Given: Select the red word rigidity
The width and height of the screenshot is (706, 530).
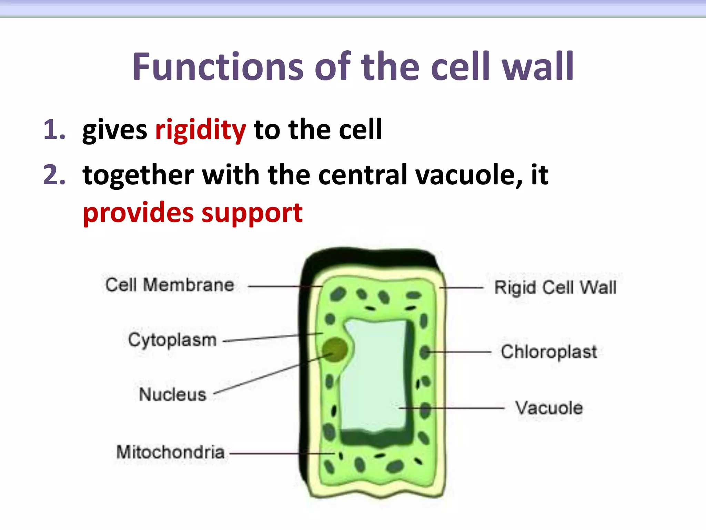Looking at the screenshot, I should (x=201, y=130).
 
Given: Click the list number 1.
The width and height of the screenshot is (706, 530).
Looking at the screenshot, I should (x=54, y=130).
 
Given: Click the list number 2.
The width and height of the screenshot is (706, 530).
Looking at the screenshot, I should (x=54, y=175).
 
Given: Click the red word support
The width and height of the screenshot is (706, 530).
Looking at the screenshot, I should (x=252, y=213).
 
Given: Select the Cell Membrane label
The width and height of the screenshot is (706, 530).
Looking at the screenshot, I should (x=170, y=285).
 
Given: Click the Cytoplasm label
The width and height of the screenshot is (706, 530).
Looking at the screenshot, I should (x=172, y=340).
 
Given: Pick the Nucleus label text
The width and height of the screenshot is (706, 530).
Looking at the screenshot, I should (x=172, y=394).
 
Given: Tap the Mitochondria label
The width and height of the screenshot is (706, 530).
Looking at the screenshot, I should (x=170, y=452).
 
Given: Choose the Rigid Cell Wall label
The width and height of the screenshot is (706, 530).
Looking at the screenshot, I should (x=555, y=288).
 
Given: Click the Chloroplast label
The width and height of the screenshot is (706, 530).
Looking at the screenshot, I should (x=549, y=352).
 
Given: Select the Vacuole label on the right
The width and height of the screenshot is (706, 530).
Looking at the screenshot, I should (x=549, y=408).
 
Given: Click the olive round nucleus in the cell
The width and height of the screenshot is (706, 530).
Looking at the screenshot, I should (x=334, y=349).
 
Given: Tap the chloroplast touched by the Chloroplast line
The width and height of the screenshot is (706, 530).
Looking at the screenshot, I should (x=425, y=352).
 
